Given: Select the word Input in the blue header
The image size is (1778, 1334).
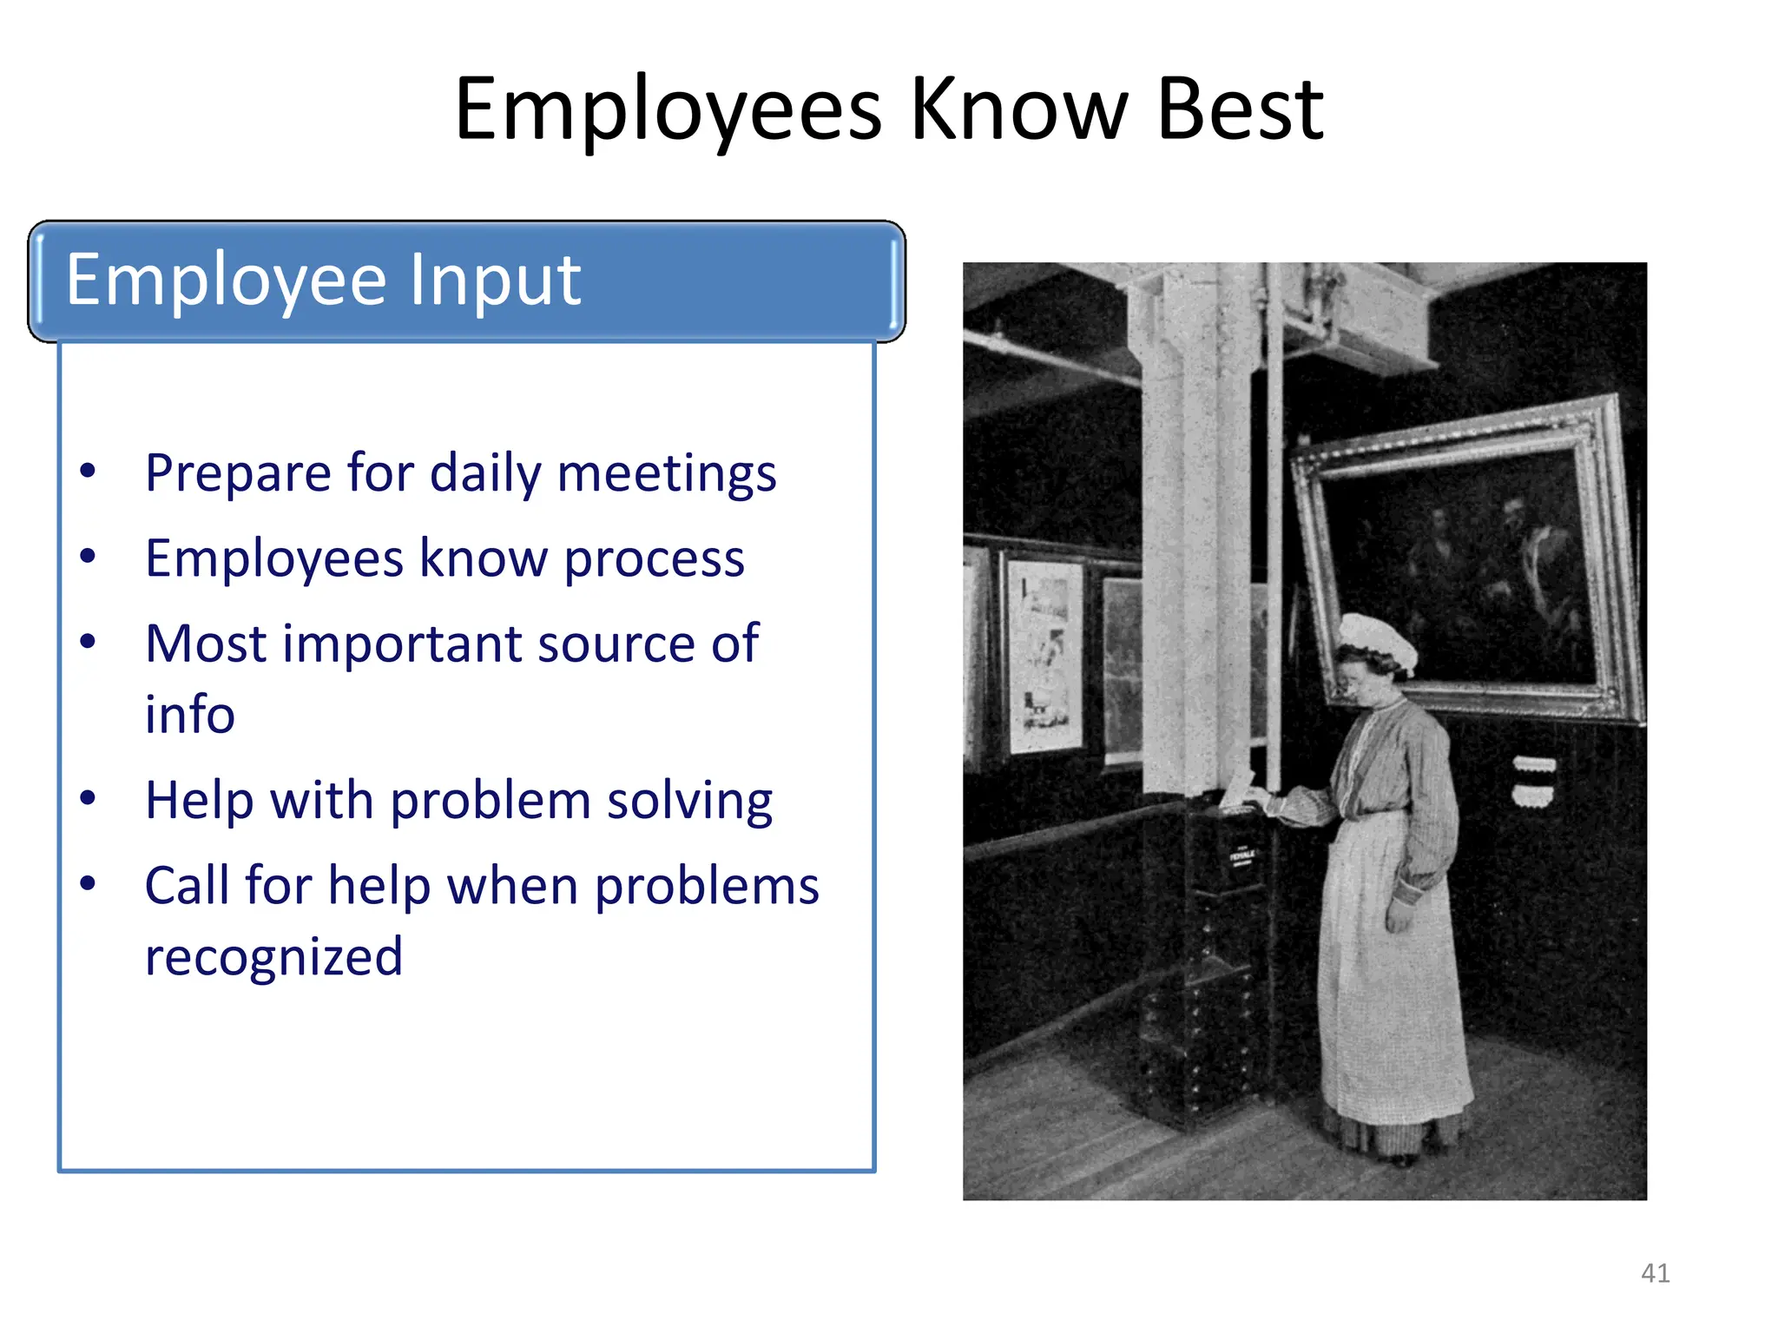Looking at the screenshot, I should [x=494, y=280].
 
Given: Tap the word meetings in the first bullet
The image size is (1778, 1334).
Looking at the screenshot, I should [x=666, y=474].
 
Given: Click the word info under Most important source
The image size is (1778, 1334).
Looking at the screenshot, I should [x=189, y=714].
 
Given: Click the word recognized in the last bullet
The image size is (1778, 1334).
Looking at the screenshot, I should [x=273, y=956].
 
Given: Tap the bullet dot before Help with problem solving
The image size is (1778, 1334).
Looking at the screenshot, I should [x=88, y=797].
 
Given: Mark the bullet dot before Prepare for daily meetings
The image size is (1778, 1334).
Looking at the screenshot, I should [x=88, y=472].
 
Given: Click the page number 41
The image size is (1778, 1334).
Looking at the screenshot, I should [x=1655, y=1273].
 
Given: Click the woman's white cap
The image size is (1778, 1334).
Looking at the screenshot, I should [x=1376, y=638].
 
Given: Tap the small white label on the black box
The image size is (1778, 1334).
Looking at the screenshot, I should [x=1242, y=855].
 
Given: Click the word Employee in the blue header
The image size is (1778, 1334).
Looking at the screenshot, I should [x=226, y=280].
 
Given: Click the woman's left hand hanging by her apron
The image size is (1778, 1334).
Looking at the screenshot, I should [x=1399, y=915].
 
